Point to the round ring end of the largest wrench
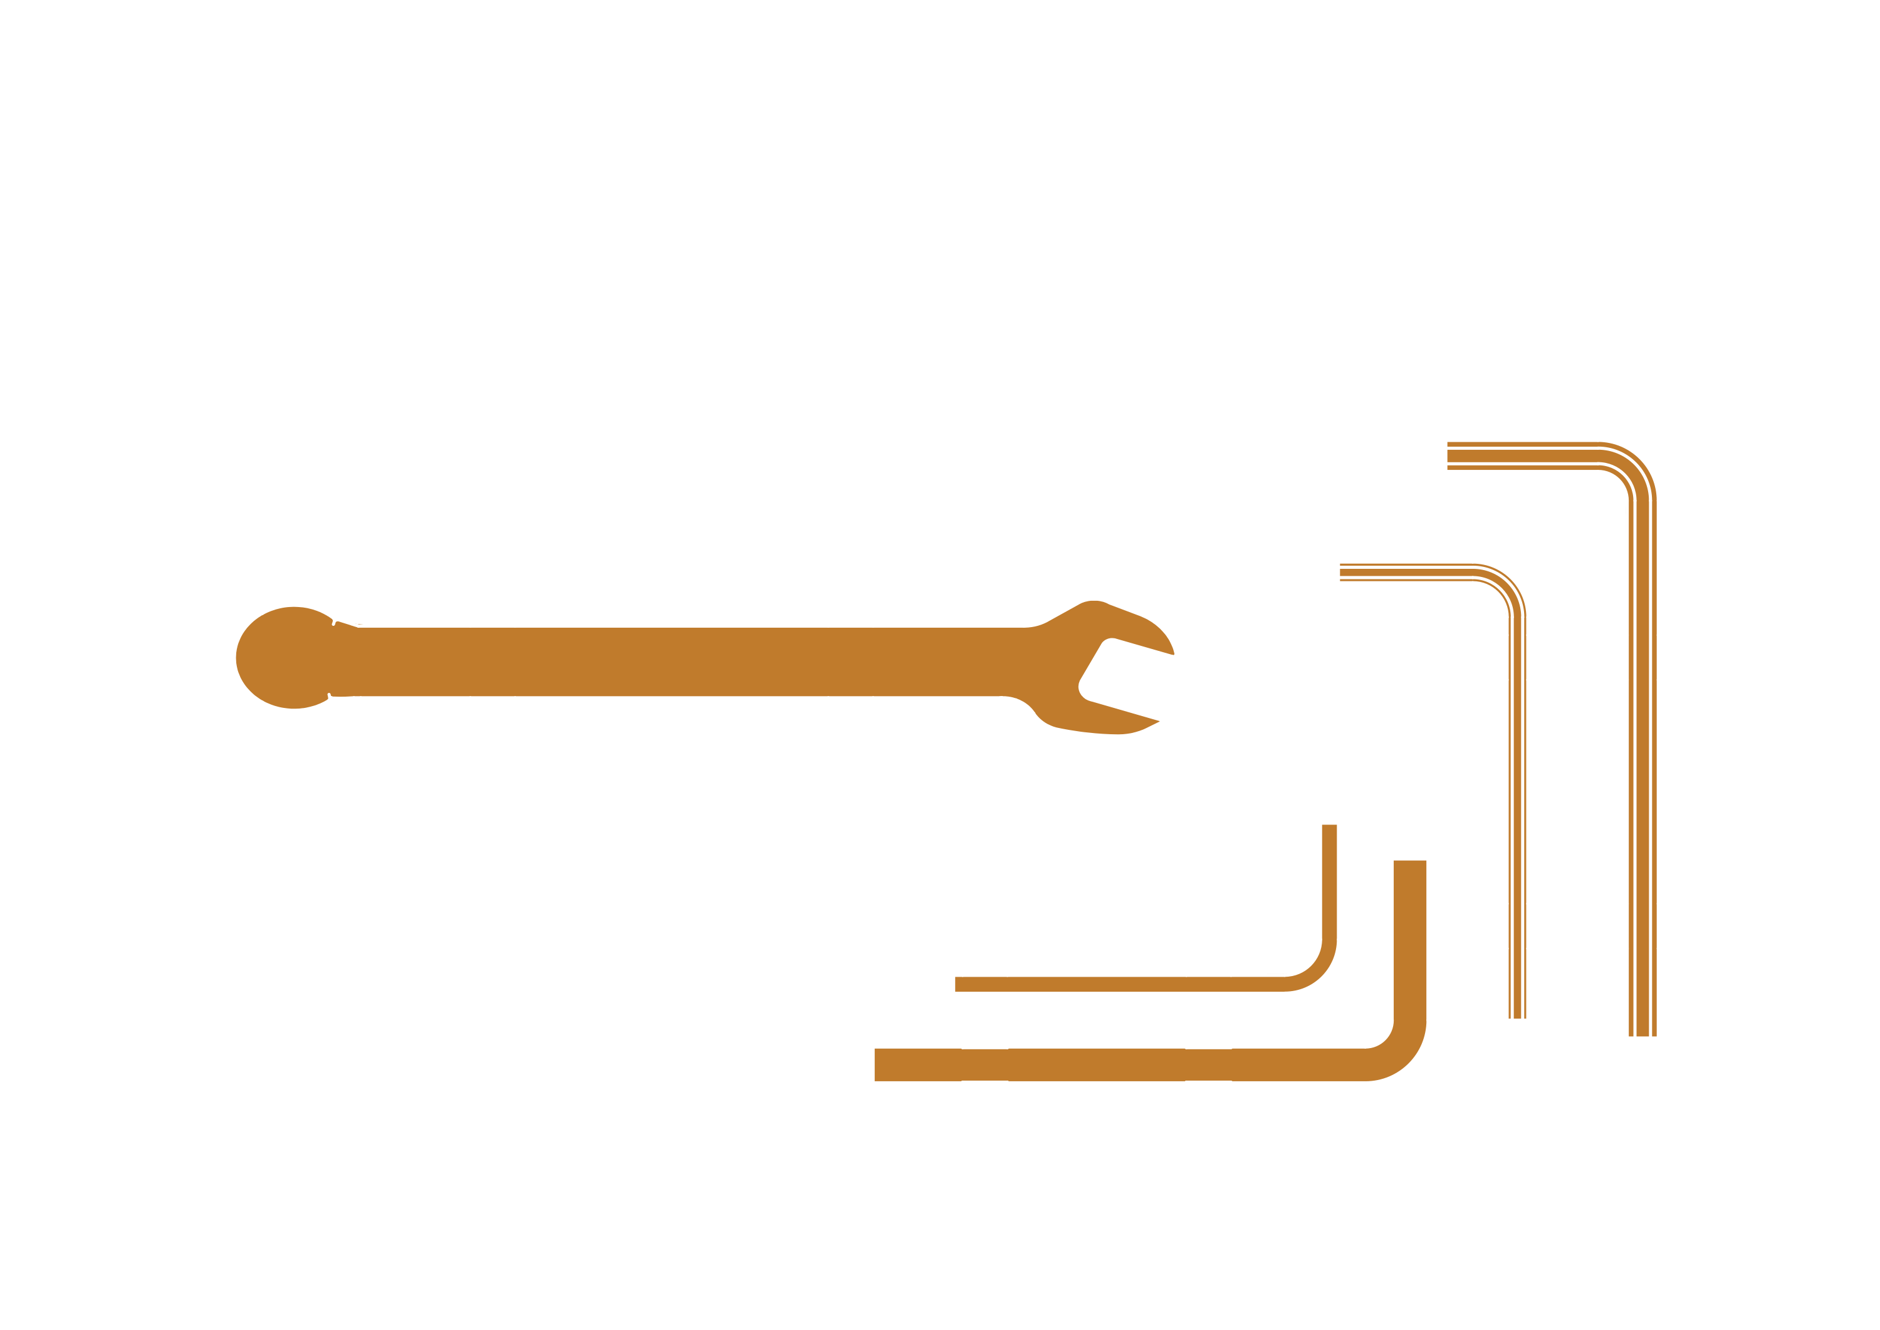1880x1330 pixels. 315,334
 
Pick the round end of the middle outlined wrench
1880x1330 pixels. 301,496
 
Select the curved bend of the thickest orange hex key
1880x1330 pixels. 1397,1052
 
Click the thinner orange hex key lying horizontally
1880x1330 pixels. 1131,984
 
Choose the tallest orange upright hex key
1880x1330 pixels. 1642,737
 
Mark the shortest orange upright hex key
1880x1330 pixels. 1517,819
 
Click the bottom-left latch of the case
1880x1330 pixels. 469,1199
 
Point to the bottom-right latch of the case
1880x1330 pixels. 1454,1199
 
